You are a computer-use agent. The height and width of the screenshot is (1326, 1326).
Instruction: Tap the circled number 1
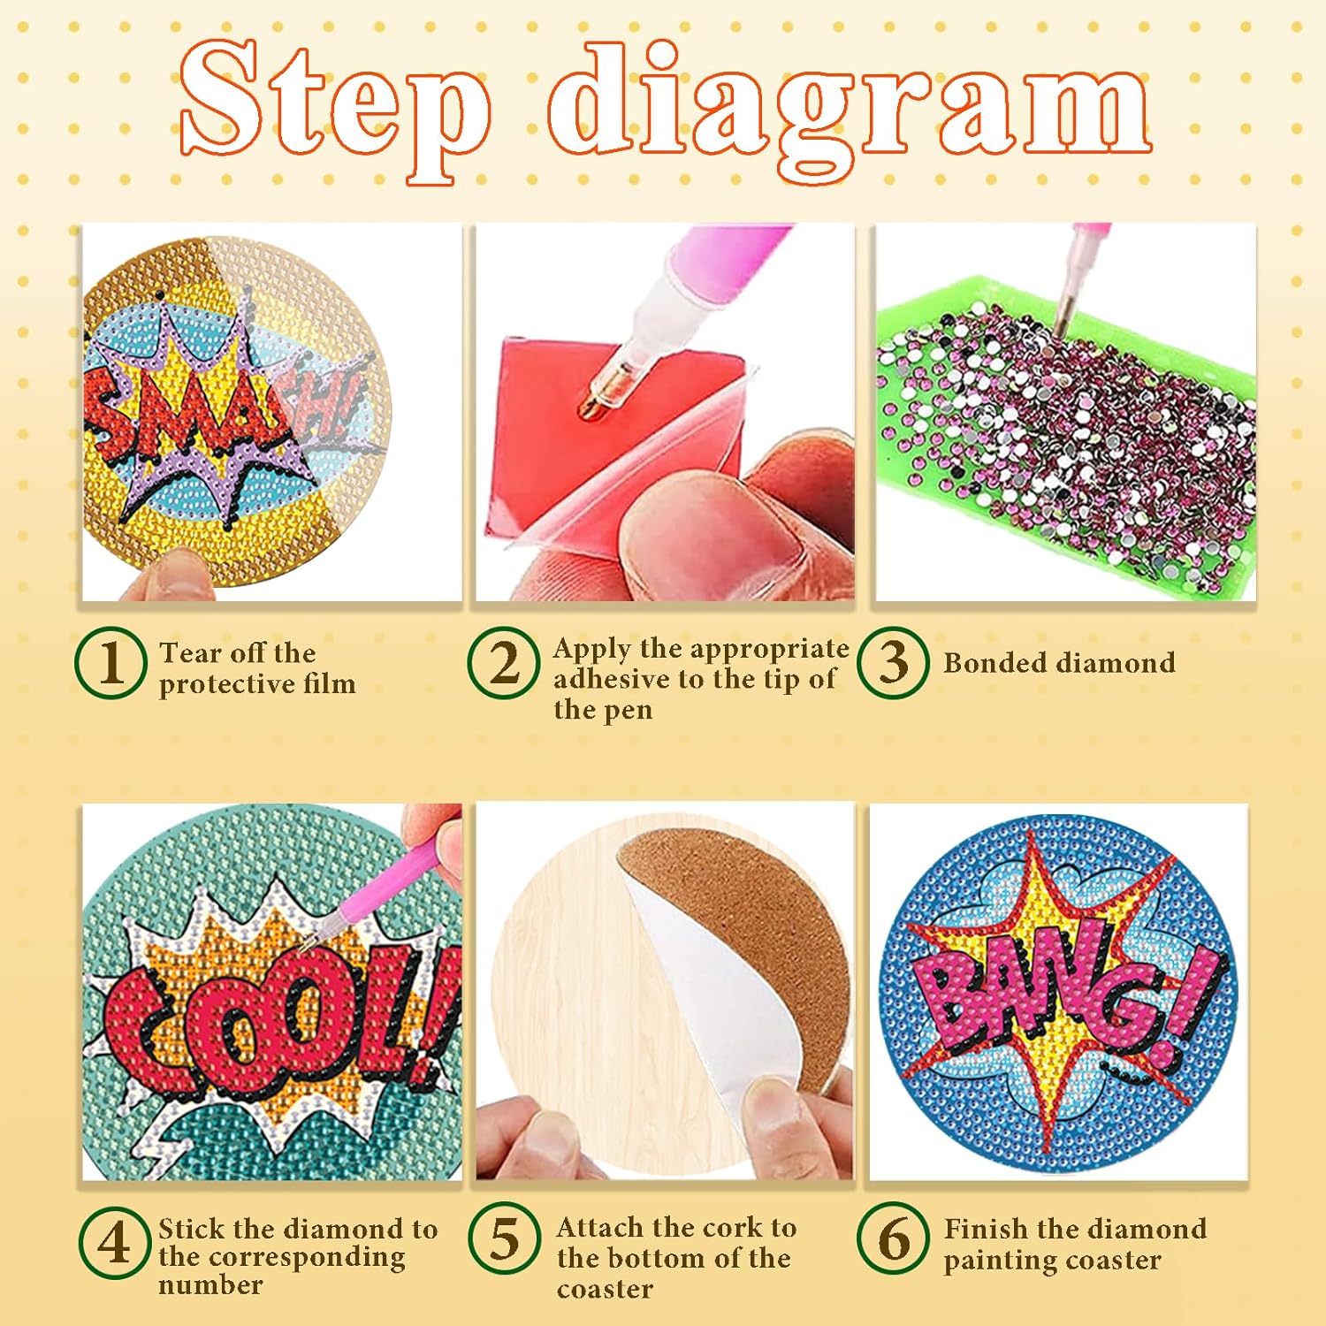point(110,663)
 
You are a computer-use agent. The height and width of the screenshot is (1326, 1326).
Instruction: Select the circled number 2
point(504,663)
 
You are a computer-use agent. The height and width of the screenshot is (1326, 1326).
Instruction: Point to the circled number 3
point(893,663)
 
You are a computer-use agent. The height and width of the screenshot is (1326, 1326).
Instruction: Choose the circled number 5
point(504,1238)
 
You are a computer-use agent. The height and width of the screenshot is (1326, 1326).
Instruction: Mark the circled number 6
point(893,1238)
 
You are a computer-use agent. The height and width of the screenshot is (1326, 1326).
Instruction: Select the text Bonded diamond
point(1059,663)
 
